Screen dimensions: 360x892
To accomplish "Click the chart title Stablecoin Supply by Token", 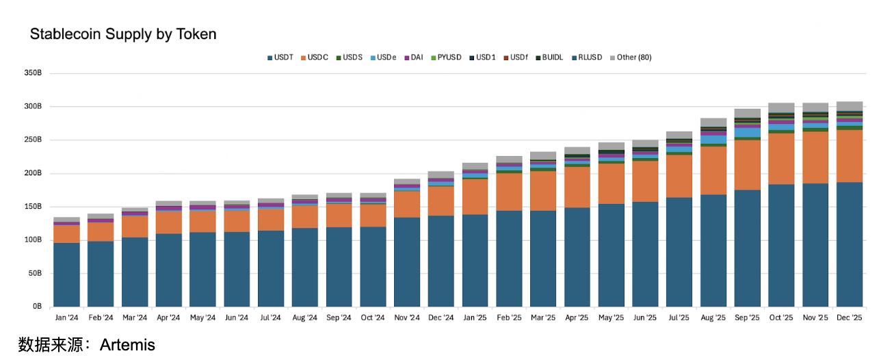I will (123, 34).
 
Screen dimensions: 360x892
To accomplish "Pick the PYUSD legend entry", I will (449, 57).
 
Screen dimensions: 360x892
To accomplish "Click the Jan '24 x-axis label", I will (66, 318).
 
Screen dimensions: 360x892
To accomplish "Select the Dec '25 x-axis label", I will (850, 318).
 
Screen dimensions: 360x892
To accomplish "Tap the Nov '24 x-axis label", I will (407, 318).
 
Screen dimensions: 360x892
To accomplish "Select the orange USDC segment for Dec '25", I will (850, 156).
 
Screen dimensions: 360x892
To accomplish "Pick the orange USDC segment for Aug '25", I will (713, 170).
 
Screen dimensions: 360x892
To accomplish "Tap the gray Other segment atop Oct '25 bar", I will (781, 107).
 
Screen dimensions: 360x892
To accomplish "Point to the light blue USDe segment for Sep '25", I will (747, 133).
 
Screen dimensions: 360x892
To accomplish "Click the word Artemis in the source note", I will (127, 345).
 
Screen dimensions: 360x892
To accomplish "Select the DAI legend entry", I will (417, 57).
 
